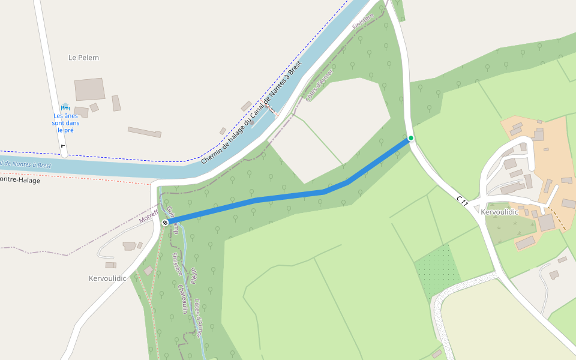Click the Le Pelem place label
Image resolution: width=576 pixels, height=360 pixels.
click(83, 58)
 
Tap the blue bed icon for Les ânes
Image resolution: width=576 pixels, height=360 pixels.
click(65, 107)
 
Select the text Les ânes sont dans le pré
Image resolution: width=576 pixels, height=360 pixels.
click(66, 123)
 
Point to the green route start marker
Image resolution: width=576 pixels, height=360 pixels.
click(411, 138)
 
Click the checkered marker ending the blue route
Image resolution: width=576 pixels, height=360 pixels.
click(165, 223)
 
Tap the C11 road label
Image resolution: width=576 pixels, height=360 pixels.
click(462, 201)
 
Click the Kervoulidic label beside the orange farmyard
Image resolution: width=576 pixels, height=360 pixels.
click(499, 212)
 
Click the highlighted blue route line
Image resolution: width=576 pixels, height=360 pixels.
click(288, 195)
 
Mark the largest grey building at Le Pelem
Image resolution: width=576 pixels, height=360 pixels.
click(90, 89)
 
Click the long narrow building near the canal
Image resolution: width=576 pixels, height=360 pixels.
click(144, 132)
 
